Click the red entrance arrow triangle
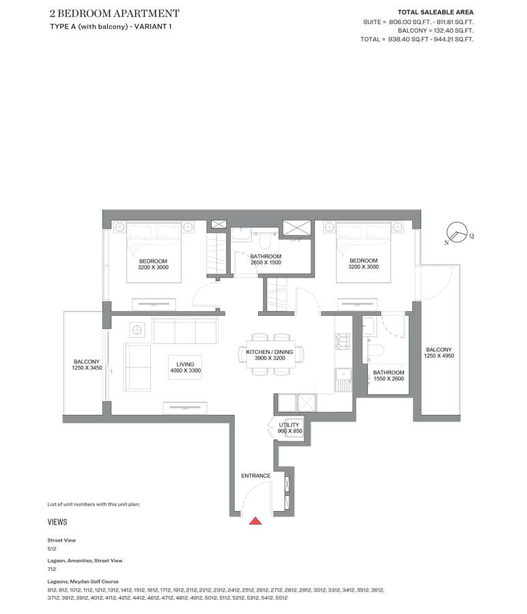coord(255,521)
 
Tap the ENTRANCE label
coord(256,476)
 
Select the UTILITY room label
coord(289,425)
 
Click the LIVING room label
coord(185,364)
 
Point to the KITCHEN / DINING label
coord(270,352)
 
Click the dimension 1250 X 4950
coord(439,356)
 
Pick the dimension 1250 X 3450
coord(87,368)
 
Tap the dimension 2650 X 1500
coord(266,263)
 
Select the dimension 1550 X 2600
coord(388,379)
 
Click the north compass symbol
coord(457,233)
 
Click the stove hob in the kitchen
coord(342,340)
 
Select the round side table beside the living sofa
coord(137,330)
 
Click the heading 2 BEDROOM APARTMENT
coord(115,14)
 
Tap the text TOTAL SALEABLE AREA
coord(436,12)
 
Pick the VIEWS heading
coord(57,522)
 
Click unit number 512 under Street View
coord(52,549)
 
